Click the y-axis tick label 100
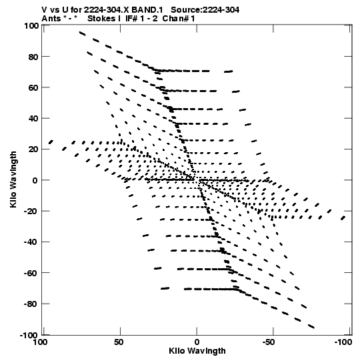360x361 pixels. [x=31, y=26]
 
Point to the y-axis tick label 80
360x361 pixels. [x=33, y=57]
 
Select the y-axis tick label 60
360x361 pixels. [x=33, y=87]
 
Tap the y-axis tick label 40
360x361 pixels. [x=33, y=119]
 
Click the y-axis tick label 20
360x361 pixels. [x=33, y=149]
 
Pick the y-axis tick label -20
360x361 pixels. [x=31, y=212]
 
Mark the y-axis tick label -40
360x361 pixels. [x=31, y=242]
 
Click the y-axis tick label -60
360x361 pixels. [x=31, y=274]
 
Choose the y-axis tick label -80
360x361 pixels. [x=31, y=304]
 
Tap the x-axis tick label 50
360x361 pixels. [x=119, y=342]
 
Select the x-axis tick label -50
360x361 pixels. [x=269, y=342]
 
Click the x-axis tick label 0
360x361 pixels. [x=197, y=342]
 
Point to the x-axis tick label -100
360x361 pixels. [x=343, y=342]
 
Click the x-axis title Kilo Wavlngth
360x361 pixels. [x=197, y=351]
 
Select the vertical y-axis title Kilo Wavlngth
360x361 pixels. [x=13, y=179]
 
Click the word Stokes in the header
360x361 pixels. [x=101, y=19]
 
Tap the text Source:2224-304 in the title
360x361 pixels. [x=205, y=10]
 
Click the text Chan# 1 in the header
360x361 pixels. [x=179, y=19]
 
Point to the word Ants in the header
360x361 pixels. [x=51, y=19]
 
